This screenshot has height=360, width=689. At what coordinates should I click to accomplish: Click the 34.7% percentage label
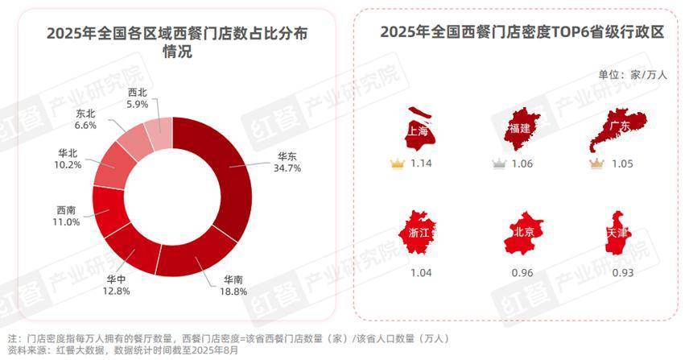pyautogui.click(x=289, y=169)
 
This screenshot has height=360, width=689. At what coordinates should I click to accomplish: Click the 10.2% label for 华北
pyautogui.click(x=69, y=164)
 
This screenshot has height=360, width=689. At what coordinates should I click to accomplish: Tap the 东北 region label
pyautogui.click(x=86, y=114)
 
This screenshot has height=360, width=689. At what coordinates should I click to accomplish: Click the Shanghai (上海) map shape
pyautogui.click(x=419, y=130)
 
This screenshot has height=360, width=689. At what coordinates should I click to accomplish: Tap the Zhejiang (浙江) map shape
pyautogui.click(x=419, y=234)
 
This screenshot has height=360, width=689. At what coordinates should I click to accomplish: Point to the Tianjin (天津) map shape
pyautogui.click(x=620, y=234)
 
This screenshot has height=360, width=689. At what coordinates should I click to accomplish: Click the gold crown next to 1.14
pyautogui.click(x=396, y=163)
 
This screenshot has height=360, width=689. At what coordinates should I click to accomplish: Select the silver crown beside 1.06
pyautogui.click(x=499, y=163)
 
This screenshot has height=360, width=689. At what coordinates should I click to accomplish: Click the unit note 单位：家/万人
pyautogui.click(x=633, y=74)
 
